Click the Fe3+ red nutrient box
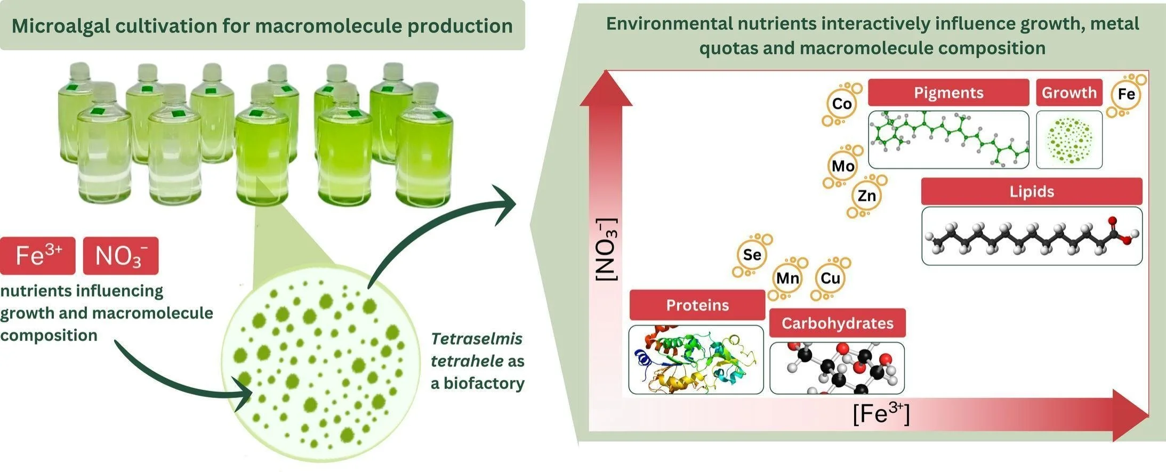38,256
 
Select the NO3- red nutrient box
121,256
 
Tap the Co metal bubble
842,104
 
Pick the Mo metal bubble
843,166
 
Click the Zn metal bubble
866,196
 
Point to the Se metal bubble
752,255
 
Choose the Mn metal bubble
787,278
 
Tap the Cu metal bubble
830,278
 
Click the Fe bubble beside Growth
1126,94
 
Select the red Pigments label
948,93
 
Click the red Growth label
1069,93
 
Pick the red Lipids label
1032,191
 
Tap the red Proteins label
697,305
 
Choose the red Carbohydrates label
837,323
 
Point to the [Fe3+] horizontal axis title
881,414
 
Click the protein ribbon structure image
696,360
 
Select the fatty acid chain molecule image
1032,236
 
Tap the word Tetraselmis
477,339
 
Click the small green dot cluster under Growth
1069,140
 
